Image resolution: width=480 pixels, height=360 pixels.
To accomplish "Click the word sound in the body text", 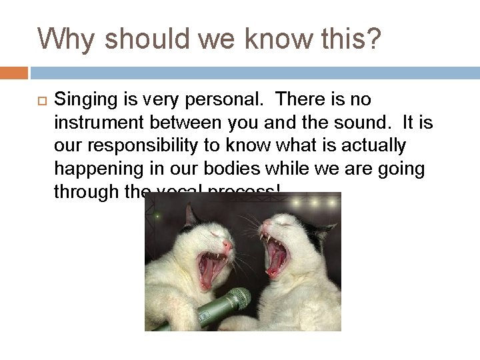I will point(361,123).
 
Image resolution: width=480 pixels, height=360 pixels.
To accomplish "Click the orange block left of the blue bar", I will point(14,71).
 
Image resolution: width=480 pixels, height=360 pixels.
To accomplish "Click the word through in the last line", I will point(86,193).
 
